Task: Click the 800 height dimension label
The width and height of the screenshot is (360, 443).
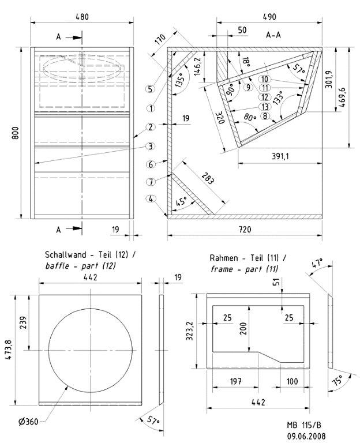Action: (16, 133)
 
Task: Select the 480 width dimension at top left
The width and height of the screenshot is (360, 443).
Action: (82, 17)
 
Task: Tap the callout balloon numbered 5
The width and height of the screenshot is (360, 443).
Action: (151, 89)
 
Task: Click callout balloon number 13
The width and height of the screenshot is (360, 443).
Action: (265, 107)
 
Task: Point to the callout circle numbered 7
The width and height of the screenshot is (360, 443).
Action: (151, 182)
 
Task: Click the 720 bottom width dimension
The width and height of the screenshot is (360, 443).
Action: (245, 229)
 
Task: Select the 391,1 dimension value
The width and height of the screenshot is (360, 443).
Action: (280, 156)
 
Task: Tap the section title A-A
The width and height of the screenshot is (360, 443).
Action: (273, 35)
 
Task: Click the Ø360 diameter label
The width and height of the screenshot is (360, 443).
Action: (28, 422)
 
